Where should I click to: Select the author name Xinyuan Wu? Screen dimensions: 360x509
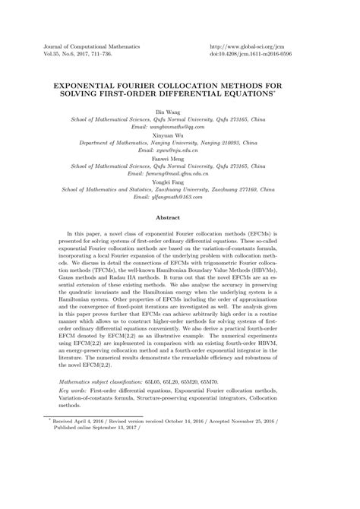point(179,134)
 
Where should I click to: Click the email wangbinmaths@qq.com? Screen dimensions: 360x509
point(179,126)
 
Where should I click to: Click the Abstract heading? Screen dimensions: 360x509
point(179,217)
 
